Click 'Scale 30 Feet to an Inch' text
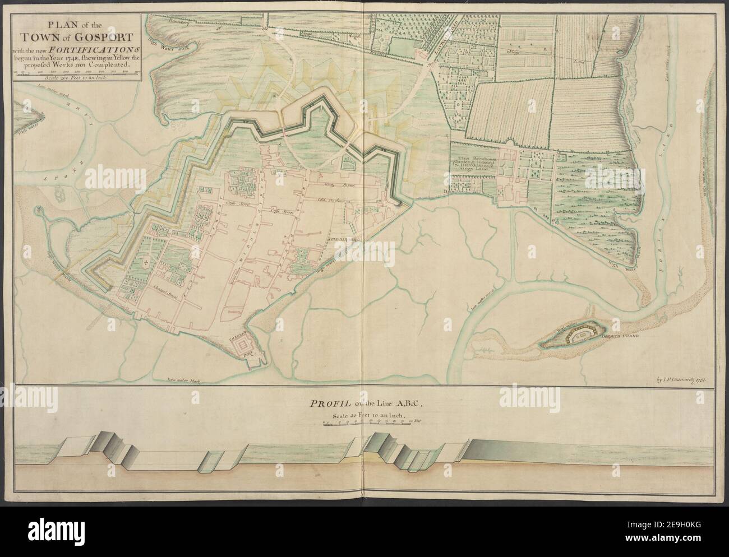tap(364, 415)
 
